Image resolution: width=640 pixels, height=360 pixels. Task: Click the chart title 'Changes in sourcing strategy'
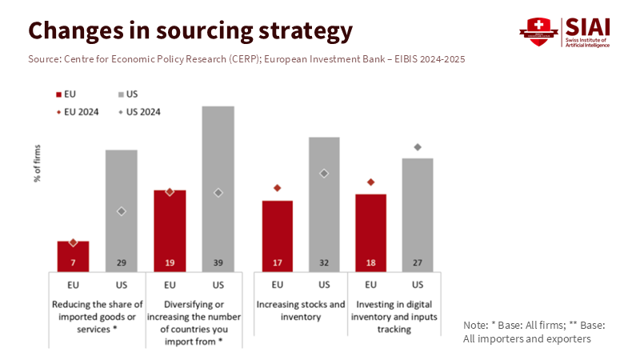pyautogui.click(x=190, y=30)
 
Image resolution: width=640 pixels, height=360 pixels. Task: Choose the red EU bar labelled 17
pyautogui.click(x=278, y=235)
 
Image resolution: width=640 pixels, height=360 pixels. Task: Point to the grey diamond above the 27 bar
pyautogui.click(x=418, y=147)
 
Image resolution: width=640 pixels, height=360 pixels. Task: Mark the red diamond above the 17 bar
pyautogui.click(x=278, y=188)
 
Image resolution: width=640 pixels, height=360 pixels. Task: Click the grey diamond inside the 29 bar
pyautogui.click(x=122, y=211)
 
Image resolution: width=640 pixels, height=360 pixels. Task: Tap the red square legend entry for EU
pyautogui.click(x=60, y=94)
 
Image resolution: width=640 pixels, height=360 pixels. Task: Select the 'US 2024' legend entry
pyautogui.click(x=139, y=112)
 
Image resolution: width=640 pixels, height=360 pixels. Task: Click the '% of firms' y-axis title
pyautogui.click(x=38, y=163)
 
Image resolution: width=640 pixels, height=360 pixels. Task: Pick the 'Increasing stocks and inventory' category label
pyautogui.click(x=301, y=310)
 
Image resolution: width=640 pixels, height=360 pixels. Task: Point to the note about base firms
pyautogui.click(x=534, y=332)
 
